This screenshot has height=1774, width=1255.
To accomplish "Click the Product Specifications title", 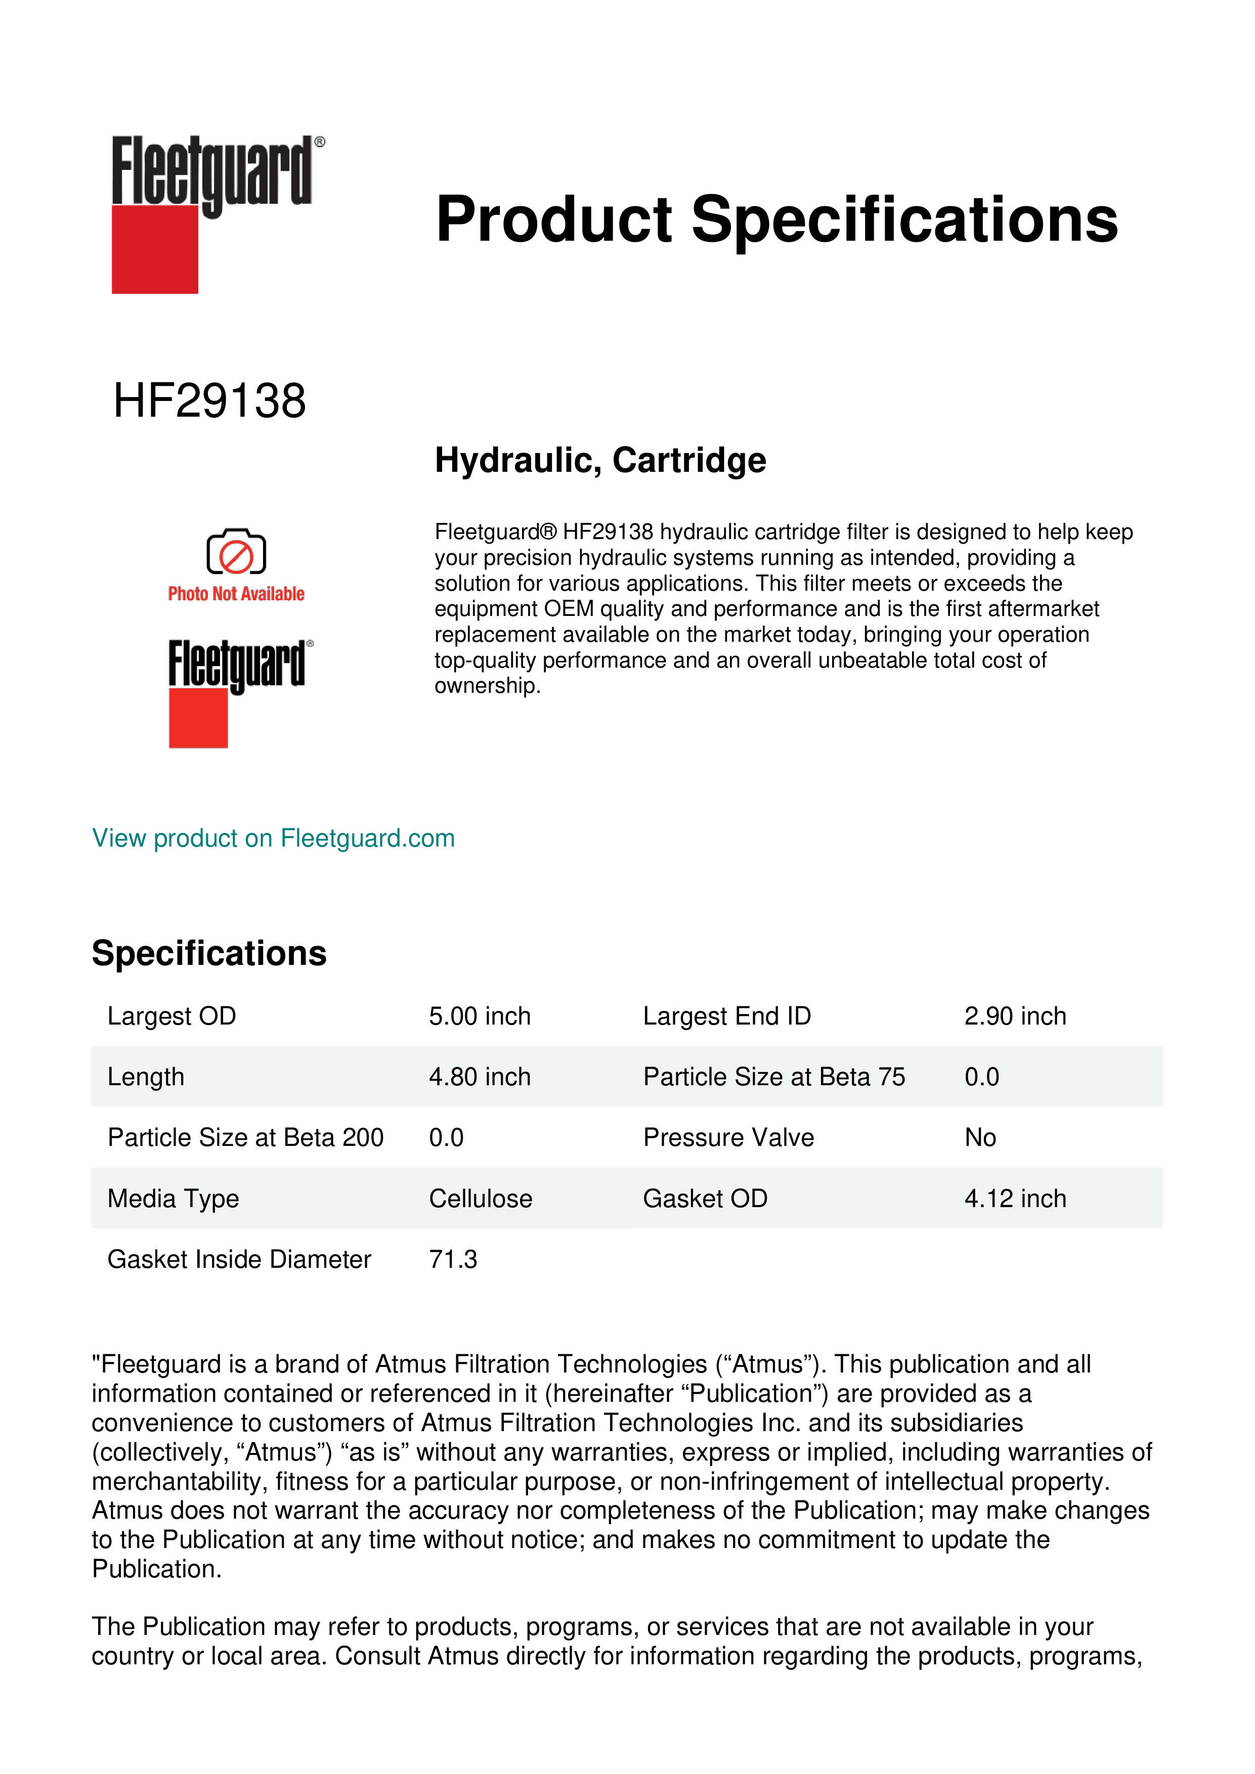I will point(776,220).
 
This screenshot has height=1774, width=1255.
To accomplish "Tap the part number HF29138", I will point(209,401).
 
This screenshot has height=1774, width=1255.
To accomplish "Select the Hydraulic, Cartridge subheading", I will point(600,461).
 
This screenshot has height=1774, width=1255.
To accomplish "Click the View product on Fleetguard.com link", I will point(273,838).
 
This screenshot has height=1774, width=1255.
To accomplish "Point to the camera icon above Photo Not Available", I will point(236,552).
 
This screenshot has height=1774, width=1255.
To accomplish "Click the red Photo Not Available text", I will point(236,593).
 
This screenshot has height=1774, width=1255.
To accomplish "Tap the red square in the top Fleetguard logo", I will point(155,250).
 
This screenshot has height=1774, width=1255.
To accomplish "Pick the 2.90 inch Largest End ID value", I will point(1015,1016).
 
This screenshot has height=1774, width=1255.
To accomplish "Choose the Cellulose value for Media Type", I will point(480,1199).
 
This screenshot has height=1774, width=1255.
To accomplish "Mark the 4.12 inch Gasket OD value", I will point(1015,1199).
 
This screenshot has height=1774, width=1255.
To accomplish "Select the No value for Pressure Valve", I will point(980,1137).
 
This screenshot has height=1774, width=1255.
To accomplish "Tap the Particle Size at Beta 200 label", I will point(245,1137).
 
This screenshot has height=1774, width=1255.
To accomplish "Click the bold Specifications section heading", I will point(208,953).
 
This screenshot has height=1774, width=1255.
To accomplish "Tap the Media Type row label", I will point(173,1199).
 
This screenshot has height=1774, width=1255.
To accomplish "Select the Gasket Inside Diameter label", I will point(239,1259).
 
